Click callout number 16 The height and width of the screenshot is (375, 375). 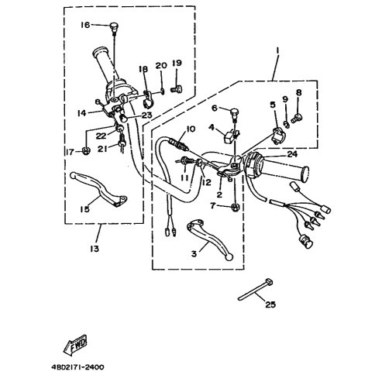click(85, 25)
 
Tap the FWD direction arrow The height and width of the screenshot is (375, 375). click(75, 345)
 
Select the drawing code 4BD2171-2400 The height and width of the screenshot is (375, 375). click(77, 367)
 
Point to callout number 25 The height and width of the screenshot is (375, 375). click(270, 304)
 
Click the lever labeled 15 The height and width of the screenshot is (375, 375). click(99, 188)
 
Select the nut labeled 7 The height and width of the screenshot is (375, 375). click(236, 207)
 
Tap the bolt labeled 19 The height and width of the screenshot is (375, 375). click(177, 89)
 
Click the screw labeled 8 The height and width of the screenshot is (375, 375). click(297, 119)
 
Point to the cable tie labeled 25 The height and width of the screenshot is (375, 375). click(255, 290)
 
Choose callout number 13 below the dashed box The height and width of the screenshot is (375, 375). click(95, 249)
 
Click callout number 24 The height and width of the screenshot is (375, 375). click(292, 154)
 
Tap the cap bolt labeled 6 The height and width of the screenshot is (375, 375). click(235, 114)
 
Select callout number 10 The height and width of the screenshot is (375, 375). click(191, 129)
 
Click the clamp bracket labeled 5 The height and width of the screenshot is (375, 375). click(278, 135)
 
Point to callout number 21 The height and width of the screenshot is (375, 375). click(102, 149)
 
